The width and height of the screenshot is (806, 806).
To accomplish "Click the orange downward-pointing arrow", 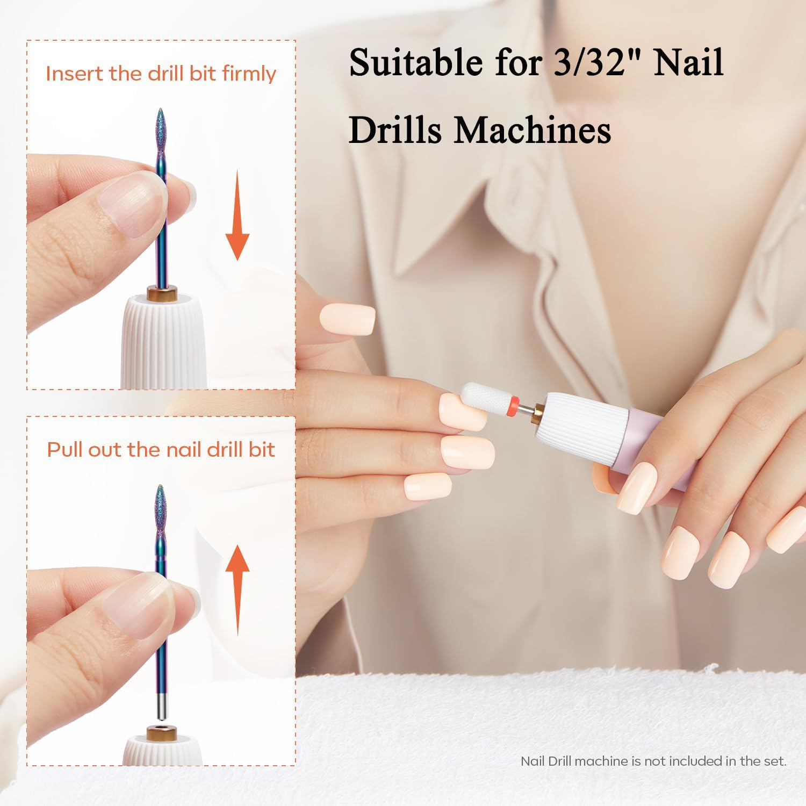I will click(x=237, y=215).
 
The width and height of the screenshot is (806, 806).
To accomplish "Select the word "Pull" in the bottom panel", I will click(x=66, y=450).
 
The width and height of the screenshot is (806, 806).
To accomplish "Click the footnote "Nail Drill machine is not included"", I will click(x=653, y=761).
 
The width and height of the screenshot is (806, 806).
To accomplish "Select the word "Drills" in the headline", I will click(x=396, y=130).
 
